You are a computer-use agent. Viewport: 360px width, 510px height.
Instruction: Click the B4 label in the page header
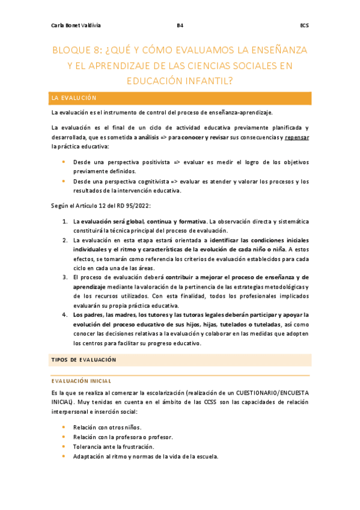180,26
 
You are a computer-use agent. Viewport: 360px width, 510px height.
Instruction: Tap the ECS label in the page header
304,26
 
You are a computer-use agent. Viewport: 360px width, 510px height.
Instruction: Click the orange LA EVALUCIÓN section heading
74,97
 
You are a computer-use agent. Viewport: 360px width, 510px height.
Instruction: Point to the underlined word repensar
297,137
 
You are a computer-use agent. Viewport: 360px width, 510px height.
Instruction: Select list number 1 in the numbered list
65,221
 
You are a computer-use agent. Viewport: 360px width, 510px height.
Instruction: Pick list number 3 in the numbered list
65,277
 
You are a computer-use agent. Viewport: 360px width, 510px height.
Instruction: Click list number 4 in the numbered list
65,314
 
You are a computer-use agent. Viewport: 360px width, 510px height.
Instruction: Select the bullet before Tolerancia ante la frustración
63,447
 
